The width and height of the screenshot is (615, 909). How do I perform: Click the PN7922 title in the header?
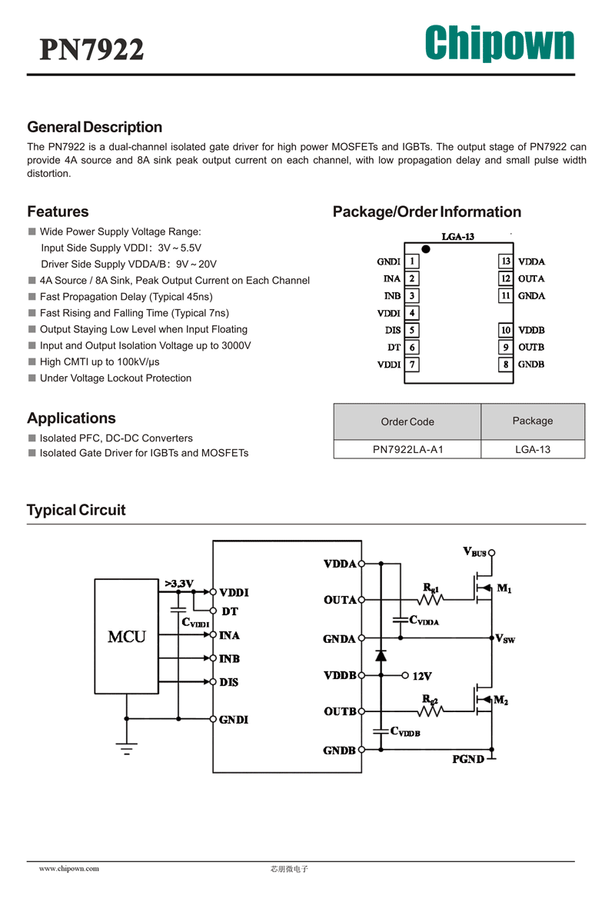(x=91, y=49)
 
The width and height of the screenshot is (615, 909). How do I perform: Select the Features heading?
(x=58, y=211)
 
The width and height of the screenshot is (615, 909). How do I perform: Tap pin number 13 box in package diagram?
(x=506, y=261)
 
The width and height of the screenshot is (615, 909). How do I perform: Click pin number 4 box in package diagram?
(x=411, y=313)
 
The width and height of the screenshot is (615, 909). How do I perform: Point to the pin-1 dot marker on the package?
(x=426, y=248)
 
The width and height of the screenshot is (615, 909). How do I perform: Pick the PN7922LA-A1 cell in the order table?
(x=407, y=449)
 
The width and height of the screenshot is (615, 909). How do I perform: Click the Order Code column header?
(x=407, y=421)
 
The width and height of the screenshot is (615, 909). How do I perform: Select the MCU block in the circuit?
(x=126, y=636)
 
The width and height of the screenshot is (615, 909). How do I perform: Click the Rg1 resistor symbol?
(x=430, y=599)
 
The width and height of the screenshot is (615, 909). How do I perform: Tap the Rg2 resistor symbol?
(x=430, y=711)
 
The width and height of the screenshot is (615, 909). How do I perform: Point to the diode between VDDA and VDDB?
(x=381, y=655)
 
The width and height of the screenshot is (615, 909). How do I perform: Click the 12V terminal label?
(x=422, y=676)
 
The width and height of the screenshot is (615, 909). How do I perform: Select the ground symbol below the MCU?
(x=126, y=748)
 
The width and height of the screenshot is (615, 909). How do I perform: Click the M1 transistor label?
(x=504, y=588)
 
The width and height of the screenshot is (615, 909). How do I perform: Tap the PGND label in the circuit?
(x=468, y=760)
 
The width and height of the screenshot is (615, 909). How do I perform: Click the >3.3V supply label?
(x=179, y=583)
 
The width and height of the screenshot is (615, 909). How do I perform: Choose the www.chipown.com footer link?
(x=69, y=868)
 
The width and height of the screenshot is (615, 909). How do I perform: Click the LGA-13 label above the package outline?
(x=458, y=237)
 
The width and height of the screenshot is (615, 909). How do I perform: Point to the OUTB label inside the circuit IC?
(x=341, y=711)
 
